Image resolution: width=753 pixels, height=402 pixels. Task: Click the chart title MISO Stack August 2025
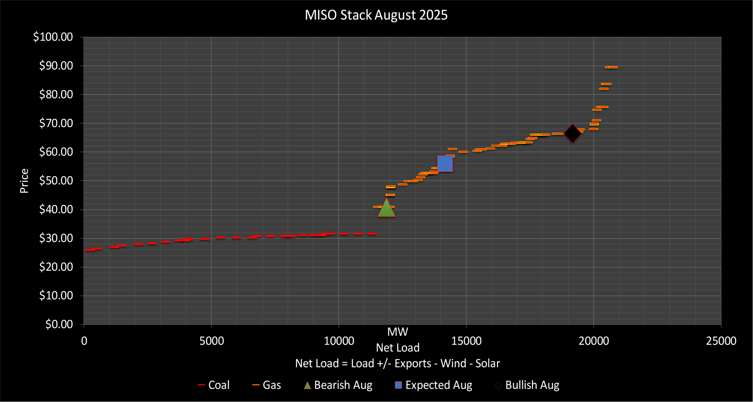(x=376, y=15)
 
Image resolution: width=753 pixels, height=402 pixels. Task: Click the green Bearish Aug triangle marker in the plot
(x=386, y=209)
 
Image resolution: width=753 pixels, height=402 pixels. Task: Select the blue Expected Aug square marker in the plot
(x=445, y=164)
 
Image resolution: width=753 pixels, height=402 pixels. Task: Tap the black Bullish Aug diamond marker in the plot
(x=572, y=134)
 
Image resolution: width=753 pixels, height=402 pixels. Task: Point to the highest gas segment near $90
(x=611, y=67)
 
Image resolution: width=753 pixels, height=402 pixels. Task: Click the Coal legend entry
(x=214, y=385)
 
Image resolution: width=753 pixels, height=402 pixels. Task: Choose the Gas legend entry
(x=267, y=385)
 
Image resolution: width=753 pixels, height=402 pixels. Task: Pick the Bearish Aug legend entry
(x=338, y=385)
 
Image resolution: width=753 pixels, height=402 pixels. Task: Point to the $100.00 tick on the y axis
(x=53, y=37)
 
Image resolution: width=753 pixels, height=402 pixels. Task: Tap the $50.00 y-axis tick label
(x=56, y=181)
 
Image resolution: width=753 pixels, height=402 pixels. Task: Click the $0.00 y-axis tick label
(x=59, y=324)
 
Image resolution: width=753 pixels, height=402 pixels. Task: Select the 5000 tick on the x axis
(x=211, y=341)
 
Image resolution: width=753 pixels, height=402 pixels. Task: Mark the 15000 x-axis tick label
(x=466, y=341)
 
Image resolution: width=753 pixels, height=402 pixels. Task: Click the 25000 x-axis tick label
(x=721, y=341)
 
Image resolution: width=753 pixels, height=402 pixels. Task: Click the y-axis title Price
(x=24, y=181)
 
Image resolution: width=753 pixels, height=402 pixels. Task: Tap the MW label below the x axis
(x=397, y=332)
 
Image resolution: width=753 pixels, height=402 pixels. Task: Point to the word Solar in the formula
(x=488, y=364)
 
